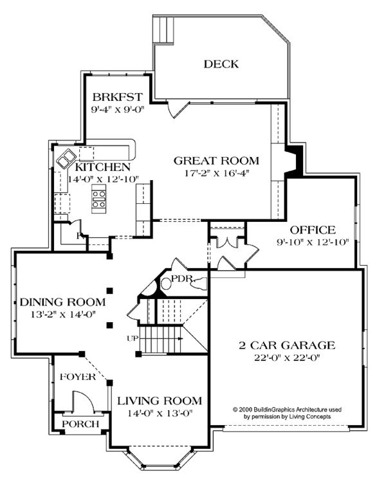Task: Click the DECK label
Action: pos(221,64)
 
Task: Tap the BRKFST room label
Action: pos(118,98)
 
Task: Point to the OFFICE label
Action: pos(312,230)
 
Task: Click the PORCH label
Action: pos(80,424)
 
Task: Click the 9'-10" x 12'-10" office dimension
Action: pos(312,242)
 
